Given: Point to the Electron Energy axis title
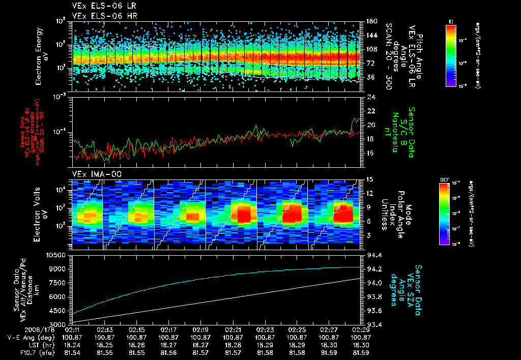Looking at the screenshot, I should pos(41,56).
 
